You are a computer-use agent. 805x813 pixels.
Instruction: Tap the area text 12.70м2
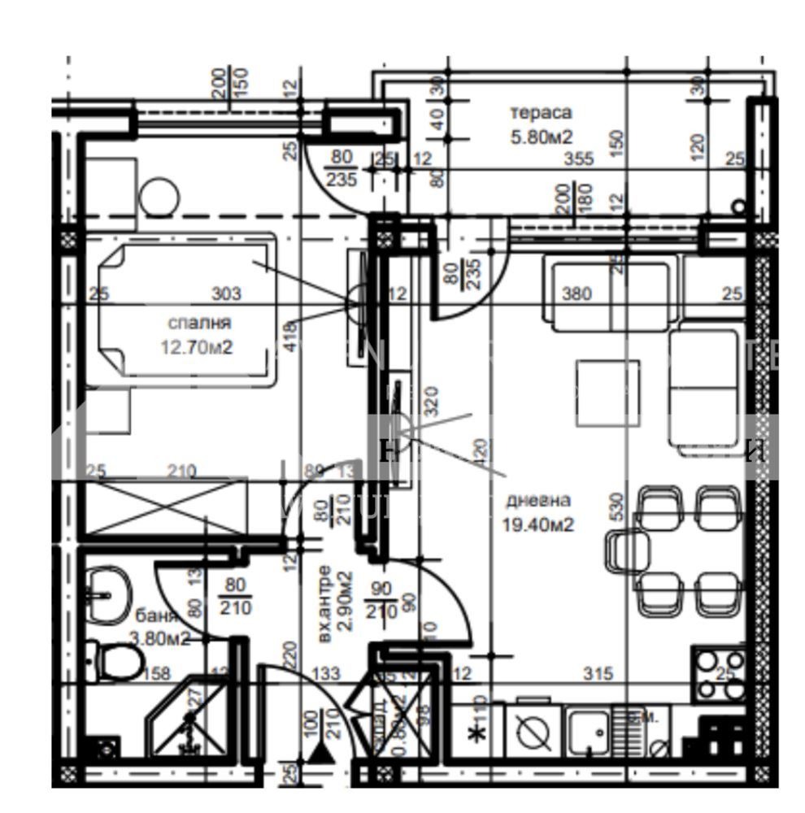click(198, 347)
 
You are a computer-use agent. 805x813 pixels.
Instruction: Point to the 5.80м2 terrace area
click(542, 137)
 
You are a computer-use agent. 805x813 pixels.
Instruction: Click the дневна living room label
click(537, 500)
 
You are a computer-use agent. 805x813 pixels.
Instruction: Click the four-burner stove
click(719, 674)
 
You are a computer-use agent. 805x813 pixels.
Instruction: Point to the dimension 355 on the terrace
click(578, 159)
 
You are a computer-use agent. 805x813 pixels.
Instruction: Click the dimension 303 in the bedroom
click(226, 293)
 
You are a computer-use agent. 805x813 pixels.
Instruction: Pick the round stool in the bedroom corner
click(158, 198)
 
